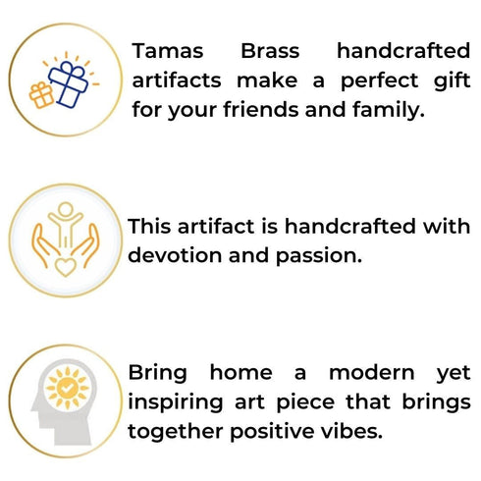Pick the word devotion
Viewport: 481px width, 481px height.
pos(177,255)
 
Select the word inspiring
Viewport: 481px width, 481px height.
pos(176,401)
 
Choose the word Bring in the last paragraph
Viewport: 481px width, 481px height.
pos(161,373)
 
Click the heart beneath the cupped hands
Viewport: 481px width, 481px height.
pos(65,266)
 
